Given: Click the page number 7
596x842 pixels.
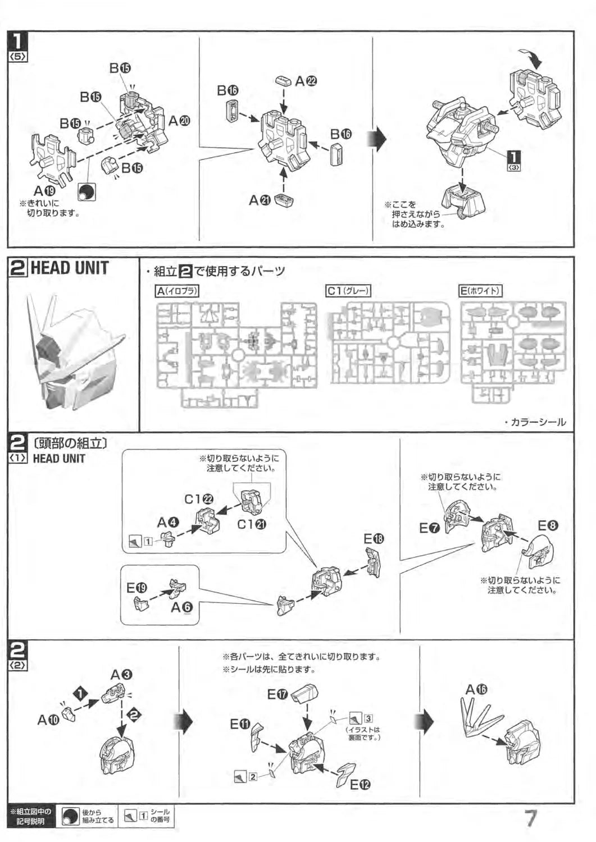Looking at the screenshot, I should point(530,817).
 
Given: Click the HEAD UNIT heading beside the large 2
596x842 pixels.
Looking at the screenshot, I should point(69,268).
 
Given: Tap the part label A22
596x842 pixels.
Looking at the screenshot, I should point(306,81).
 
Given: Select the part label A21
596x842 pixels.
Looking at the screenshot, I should point(260,200).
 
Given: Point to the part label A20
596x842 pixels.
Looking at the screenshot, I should point(179,120).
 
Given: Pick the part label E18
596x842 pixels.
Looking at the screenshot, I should point(374,539).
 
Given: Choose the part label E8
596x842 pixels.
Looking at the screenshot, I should point(548,526).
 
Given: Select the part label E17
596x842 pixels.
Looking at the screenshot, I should point(277,694).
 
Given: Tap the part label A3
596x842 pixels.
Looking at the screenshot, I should point(121,674).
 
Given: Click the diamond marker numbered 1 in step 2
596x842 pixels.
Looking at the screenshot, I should point(81,693).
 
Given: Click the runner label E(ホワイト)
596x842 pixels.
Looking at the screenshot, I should point(480,290).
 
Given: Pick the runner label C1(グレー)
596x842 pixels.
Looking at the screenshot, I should point(348,290).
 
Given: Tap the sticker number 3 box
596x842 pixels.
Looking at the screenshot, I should point(368,718).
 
